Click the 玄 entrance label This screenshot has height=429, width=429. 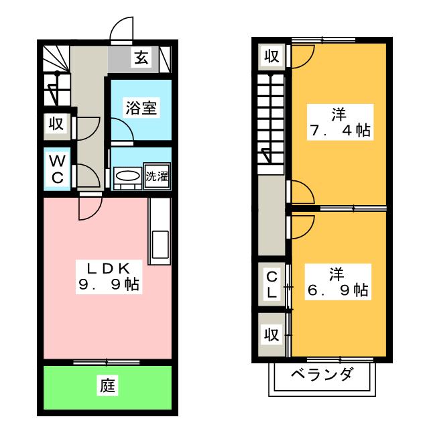coord(141,58)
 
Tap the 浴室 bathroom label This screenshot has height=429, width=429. coord(141,108)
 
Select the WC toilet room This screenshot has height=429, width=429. coord(58,169)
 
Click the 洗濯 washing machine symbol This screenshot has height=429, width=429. coord(157,176)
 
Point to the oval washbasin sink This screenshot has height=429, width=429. coord(127,175)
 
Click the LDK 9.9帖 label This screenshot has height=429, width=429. coord(109,277)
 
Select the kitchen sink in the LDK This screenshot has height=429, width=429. coord(160,244)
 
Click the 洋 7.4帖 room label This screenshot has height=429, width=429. coord(340,122)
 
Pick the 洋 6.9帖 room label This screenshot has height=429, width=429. coord(338,282)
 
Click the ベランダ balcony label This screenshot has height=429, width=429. coord(322,374)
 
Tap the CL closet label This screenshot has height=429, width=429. coord(271,285)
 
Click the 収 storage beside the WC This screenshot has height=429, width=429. coord(56,124)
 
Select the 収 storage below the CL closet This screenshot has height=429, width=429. coord(271,334)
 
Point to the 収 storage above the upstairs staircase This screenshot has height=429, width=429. coord(271,56)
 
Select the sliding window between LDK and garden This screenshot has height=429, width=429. coord(107,363)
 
